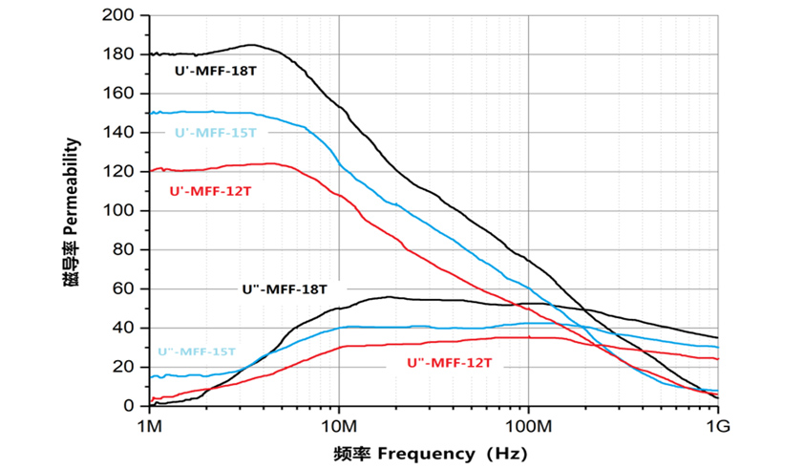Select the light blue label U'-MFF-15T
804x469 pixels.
(x=215, y=133)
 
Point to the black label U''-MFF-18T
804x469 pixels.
(x=285, y=288)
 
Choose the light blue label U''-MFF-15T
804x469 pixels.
(x=196, y=352)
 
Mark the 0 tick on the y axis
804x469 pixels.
(x=132, y=406)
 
